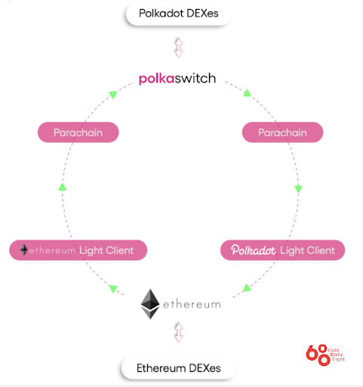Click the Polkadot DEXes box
click(178, 14)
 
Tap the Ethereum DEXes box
click(178, 370)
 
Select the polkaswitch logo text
click(178, 78)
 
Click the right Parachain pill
click(282, 132)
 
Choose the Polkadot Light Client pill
click(282, 249)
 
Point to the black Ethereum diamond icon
click(152, 304)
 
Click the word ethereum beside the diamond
click(192, 305)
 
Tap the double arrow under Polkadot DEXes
click(178, 46)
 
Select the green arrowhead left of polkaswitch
click(112, 94)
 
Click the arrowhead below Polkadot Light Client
click(246, 289)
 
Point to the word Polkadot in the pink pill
click(254, 249)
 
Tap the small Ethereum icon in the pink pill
click(24, 249)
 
